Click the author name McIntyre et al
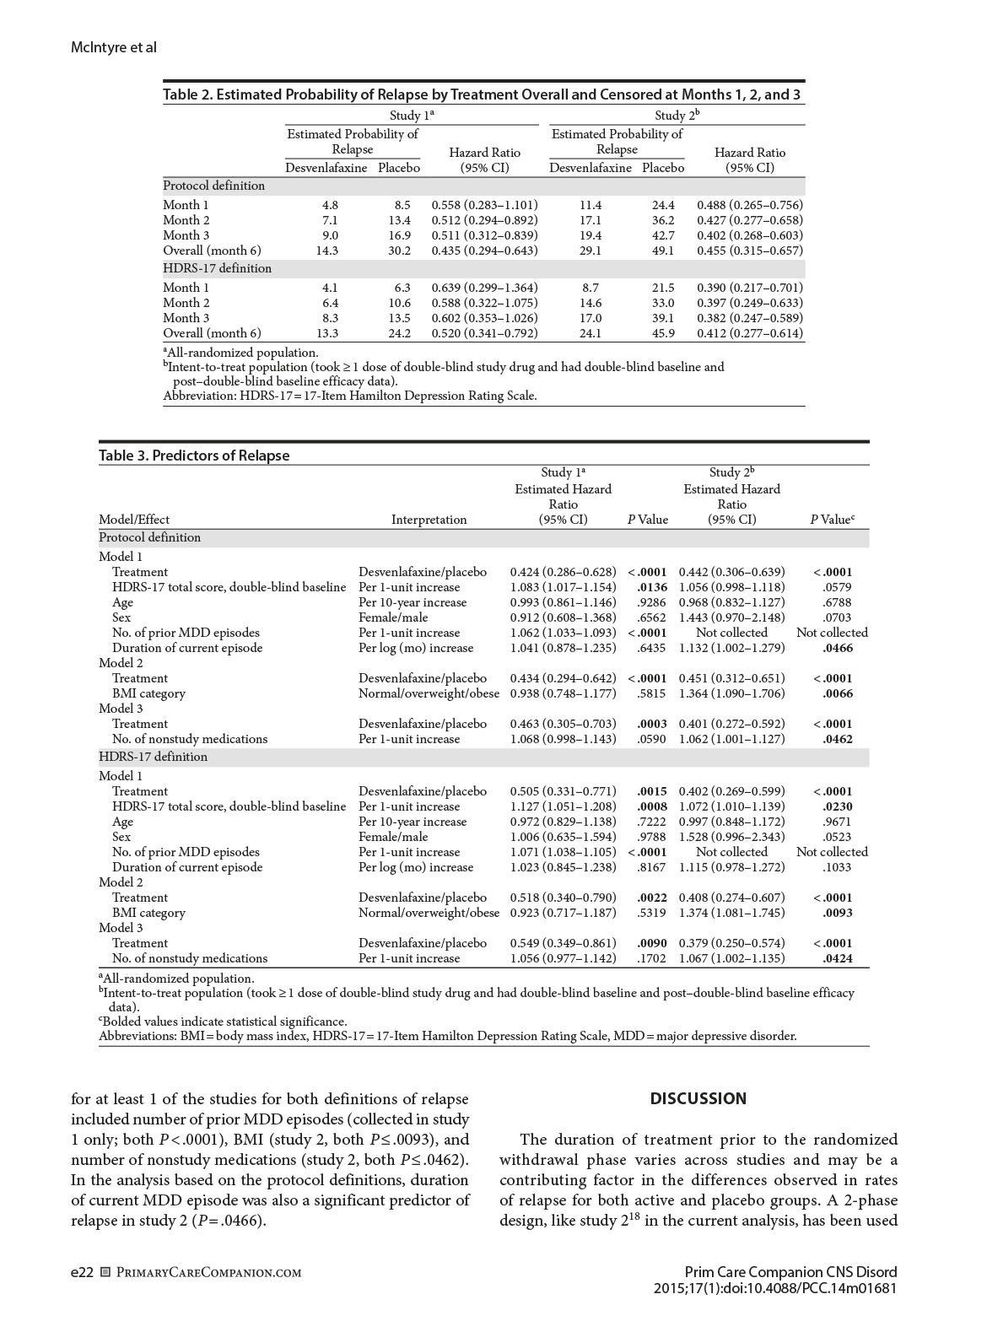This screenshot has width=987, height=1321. pos(114,47)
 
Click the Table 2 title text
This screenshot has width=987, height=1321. pos(481,94)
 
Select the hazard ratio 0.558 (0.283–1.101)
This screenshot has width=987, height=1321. pos(484,205)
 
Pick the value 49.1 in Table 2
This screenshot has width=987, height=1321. pos(663,251)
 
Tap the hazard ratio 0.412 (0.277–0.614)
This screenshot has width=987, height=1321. pos(750,333)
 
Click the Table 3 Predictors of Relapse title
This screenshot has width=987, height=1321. pos(194,456)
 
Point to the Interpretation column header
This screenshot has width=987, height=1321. pos(429,520)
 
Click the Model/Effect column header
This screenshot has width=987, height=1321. pos(134,520)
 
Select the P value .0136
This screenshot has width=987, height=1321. pos(651,587)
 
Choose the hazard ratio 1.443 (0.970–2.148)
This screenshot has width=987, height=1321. pos(731,617)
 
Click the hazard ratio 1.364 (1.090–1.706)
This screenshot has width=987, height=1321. pos(731,693)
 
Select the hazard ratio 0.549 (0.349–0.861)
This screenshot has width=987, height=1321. pos(563,943)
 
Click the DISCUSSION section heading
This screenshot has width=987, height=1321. pos(698,1098)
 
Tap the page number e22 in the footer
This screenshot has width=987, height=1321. pos(82,1272)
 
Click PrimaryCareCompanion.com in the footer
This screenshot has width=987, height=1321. pos(208,1272)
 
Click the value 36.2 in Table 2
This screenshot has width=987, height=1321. pos(663,220)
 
